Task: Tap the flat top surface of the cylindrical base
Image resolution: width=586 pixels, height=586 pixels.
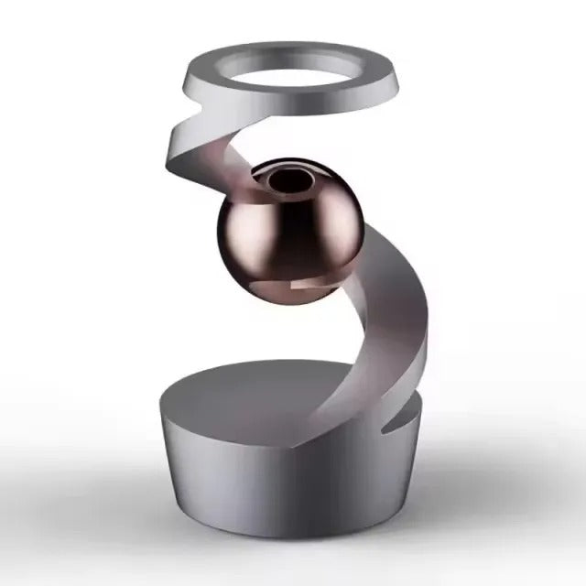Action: click(247, 385)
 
